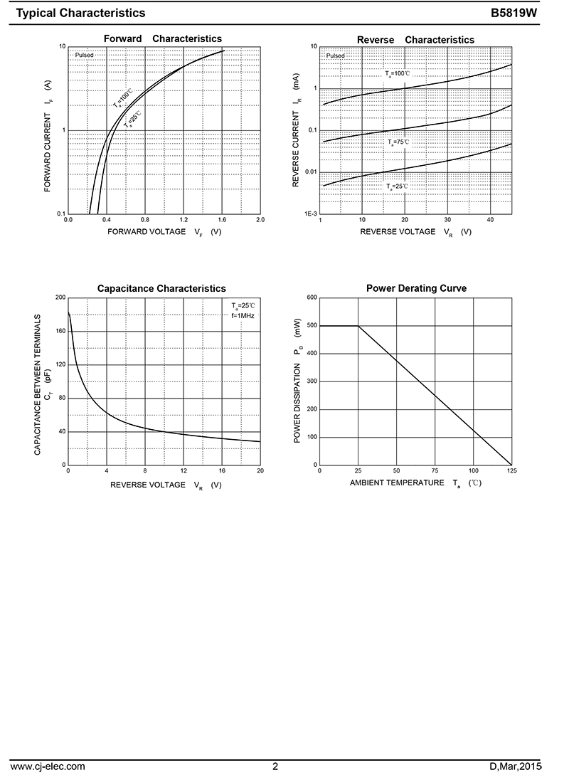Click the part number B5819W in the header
pos(523,13)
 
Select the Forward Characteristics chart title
pos(163,39)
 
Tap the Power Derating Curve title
pos(416,288)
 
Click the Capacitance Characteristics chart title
pos(161,288)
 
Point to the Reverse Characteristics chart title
pos(415,40)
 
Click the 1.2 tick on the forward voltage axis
pos(184,220)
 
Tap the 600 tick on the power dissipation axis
pos(311,297)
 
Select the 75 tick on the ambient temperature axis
pos(435,471)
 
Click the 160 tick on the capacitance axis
pos(60,331)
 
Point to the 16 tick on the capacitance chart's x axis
pos(222,471)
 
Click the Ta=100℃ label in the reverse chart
pos(398,73)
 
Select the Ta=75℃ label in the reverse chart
pos(398,142)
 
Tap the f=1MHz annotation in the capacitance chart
pos(243,315)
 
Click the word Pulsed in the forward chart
pos(85,55)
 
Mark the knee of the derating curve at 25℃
pos(358,326)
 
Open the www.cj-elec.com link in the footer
pos(48,766)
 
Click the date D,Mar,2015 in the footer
pos(516,766)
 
